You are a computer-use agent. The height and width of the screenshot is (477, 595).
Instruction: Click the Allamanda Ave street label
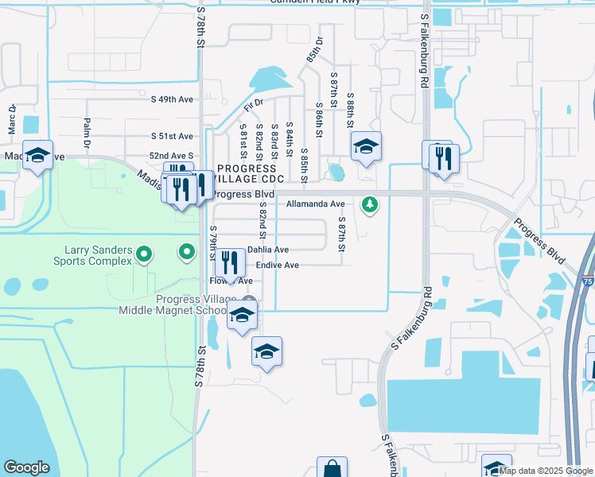315,204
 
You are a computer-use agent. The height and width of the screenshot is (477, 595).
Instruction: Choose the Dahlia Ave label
268,250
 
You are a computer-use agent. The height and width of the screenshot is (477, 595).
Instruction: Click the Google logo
26,467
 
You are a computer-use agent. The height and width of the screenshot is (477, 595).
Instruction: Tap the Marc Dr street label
12,119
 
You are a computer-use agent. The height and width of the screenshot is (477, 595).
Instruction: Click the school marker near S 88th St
366,146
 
